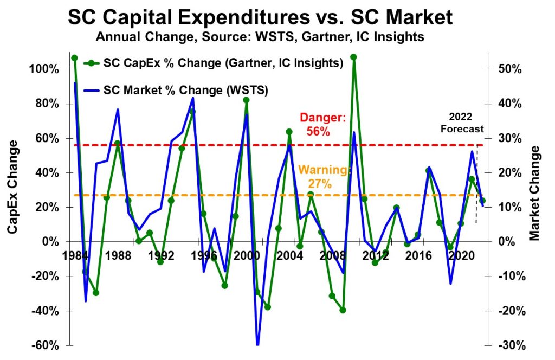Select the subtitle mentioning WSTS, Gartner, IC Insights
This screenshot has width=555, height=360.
point(260,38)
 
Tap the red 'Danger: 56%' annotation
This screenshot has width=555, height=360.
point(323,125)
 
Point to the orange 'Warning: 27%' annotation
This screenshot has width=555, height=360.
point(324,176)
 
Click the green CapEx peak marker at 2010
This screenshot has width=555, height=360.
point(353,57)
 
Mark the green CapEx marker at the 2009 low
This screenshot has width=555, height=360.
point(343,310)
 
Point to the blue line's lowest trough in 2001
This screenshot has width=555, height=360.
point(257,344)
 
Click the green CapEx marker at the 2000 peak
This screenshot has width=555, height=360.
point(246,100)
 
